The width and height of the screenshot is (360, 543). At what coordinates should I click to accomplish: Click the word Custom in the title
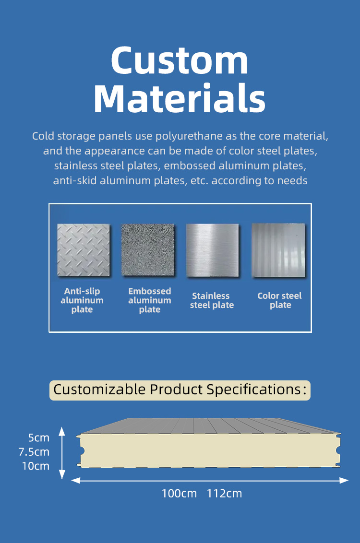(180, 60)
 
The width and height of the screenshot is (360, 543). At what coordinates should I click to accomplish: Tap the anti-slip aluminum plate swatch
(83, 250)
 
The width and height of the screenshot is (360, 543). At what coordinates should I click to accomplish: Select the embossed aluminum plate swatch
(148, 250)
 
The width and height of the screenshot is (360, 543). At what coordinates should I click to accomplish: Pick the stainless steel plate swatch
(212, 250)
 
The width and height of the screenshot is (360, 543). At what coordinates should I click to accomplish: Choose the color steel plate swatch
(278, 250)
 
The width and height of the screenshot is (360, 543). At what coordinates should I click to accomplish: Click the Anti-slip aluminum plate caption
(82, 300)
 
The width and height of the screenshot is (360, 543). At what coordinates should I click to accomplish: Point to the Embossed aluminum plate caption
(150, 300)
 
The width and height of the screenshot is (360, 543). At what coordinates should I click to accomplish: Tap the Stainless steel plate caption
(212, 300)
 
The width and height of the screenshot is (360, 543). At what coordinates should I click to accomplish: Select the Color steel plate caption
(280, 300)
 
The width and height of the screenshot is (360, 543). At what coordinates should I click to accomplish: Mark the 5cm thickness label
(39, 438)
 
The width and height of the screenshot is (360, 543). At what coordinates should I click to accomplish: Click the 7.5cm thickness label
(34, 452)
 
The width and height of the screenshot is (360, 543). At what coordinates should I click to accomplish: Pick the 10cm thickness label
(36, 466)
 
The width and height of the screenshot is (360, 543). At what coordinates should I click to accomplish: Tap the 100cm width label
(179, 494)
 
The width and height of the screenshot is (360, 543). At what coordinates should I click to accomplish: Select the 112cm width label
(224, 494)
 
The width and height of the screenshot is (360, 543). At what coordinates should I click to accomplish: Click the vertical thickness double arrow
(62, 453)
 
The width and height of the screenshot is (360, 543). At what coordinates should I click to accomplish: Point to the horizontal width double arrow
(210, 480)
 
